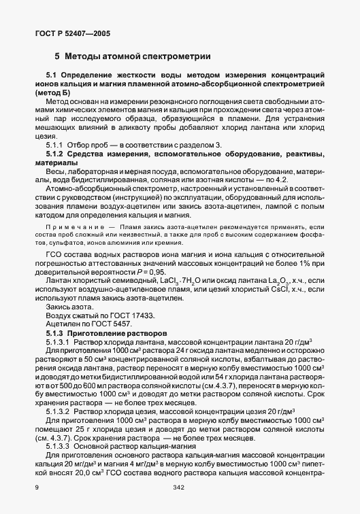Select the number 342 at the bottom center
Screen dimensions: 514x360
click(180, 487)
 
